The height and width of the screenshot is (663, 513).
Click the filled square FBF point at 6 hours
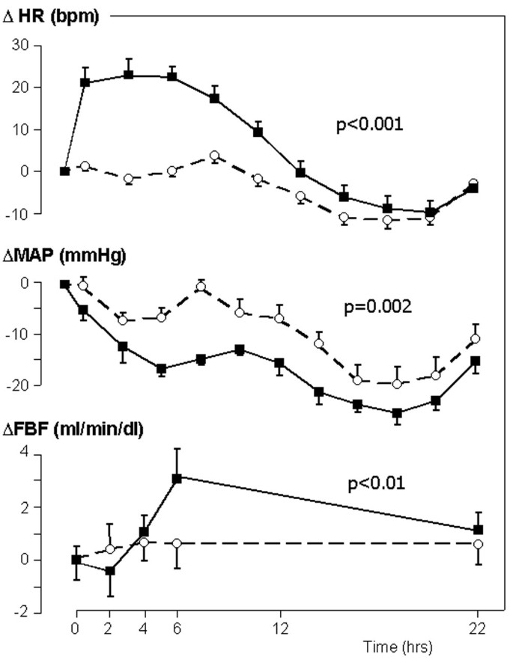pyautogui.click(x=177, y=477)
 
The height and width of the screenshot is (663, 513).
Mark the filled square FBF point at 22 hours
pyautogui.click(x=478, y=530)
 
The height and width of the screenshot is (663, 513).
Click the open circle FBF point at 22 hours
pyautogui.click(x=478, y=544)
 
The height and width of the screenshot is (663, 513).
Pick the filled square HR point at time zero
pyautogui.click(x=65, y=171)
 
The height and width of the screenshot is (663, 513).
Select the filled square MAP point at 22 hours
pyautogui.click(x=475, y=361)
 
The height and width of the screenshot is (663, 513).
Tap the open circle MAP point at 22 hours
pyautogui.click(x=475, y=338)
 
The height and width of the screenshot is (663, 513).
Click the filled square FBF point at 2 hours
pyautogui.click(x=109, y=570)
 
